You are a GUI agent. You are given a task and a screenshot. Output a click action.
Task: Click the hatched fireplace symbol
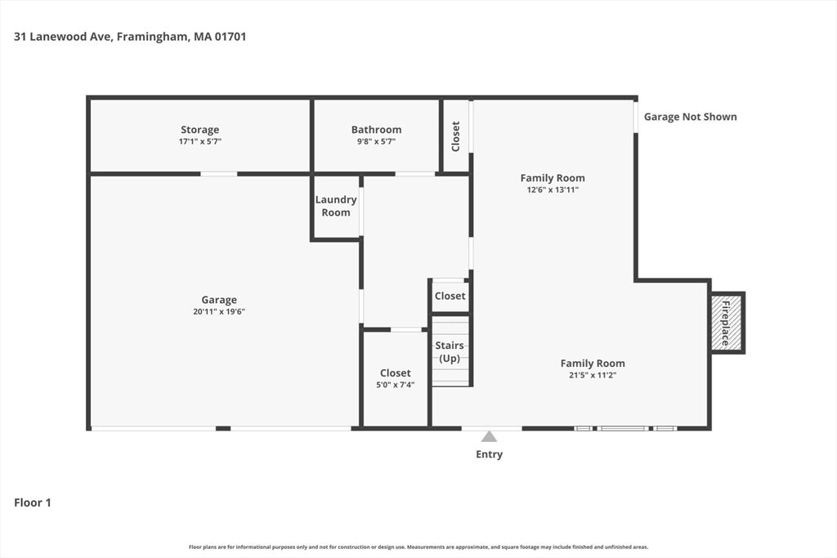[x=727, y=322]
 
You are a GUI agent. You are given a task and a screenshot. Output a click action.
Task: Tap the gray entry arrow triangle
[x=489, y=437]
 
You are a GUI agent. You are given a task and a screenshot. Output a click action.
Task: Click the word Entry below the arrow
[x=490, y=454]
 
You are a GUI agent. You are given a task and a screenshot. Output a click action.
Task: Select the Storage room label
[x=199, y=130]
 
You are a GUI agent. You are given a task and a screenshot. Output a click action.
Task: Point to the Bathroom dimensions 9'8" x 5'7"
[x=376, y=141]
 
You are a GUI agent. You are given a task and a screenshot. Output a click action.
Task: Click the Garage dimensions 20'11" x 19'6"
[x=219, y=311]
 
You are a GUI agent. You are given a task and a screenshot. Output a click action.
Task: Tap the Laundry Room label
[x=336, y=206]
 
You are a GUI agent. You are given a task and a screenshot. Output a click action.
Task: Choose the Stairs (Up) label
[x=450, y=352]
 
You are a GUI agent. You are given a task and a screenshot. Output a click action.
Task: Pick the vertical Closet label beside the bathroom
[x=456, y=136]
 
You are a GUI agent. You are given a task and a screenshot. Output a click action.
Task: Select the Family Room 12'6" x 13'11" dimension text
[x=553, y=190]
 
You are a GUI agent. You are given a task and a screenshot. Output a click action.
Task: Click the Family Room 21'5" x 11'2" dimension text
[x=593, y=375]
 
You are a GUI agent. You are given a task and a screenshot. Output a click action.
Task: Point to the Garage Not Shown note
[x=690, y=117]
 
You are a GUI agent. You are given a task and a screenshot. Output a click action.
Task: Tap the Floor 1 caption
[x=33, y=502]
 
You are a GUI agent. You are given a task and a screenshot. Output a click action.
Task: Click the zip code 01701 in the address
[x=231, y=37]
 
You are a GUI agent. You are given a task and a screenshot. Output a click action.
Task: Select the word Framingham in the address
[x=152, y=37]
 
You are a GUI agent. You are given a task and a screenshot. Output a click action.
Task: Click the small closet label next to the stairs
[x=450, y=296]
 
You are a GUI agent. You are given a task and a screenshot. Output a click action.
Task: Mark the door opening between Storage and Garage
[x=219, y=174]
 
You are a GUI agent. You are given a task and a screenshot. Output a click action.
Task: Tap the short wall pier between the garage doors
[x=223, y=428]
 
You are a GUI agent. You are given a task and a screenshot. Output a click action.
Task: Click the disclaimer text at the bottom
[x=418, y=547]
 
